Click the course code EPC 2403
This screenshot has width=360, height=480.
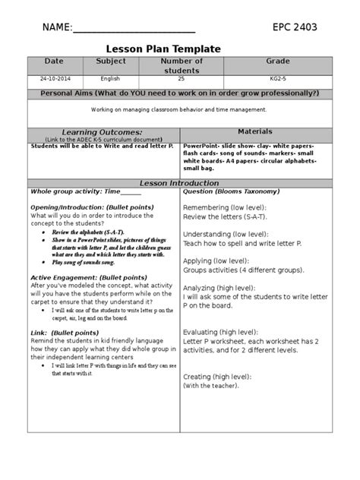(x=295, y=28)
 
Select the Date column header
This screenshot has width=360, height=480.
(x=55, y=61)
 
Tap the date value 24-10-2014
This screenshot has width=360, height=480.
(x=55, y=78)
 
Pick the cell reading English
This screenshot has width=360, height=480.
(x=110, y=78)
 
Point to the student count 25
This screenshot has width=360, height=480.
(x=182, y=78)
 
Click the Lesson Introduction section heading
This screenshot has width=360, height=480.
(x=180, y=183)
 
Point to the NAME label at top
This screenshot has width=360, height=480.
(x=55, y=28)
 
